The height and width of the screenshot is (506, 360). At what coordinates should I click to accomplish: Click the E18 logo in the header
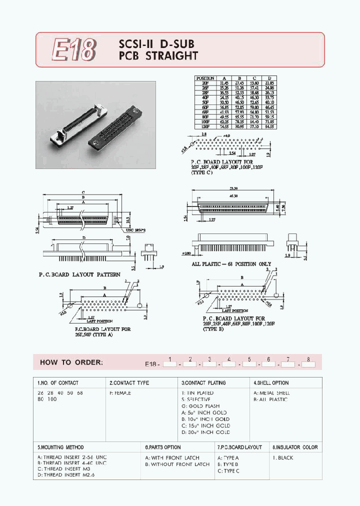73,50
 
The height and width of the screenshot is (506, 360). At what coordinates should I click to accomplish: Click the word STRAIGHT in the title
171,56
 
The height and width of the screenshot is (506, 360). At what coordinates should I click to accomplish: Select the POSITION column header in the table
205,78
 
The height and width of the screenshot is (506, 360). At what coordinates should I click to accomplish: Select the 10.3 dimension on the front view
129,219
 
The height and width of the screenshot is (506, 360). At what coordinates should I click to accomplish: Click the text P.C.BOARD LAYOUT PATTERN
79,274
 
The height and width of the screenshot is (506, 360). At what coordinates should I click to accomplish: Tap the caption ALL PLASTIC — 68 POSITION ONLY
231,264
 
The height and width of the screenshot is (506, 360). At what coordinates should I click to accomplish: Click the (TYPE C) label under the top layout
201,172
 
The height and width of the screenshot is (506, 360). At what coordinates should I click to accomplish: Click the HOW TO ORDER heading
71,362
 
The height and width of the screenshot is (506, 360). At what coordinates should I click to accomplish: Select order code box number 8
308,364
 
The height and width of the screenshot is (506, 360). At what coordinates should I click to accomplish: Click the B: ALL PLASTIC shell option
270,399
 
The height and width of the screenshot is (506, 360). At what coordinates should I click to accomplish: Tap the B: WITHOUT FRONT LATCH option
177,464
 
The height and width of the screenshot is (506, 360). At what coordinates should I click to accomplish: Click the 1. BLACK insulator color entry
283,458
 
